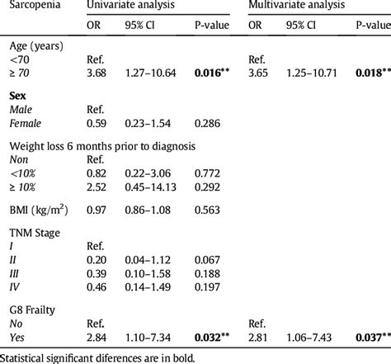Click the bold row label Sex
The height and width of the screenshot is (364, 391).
(17, 97)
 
